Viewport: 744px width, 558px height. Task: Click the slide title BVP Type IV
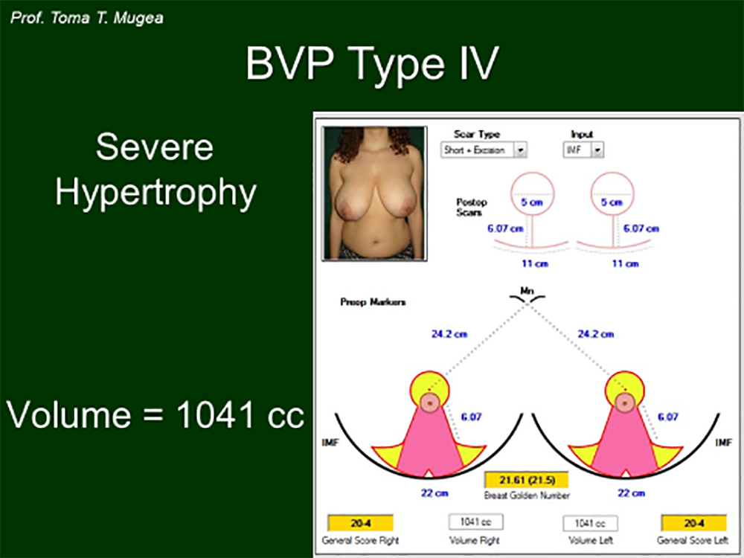(x=372, y=63)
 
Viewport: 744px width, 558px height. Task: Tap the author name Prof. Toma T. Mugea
(x=87, y=18)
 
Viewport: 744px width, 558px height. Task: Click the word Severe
(x=155, y=147)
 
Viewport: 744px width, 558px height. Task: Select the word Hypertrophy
(x=155, y=193)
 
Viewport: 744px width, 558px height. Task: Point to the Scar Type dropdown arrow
(x=521, y=150)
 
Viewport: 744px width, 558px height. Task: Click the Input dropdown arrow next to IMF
(x=597, y=150)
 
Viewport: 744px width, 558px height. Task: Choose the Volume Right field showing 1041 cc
(x=476, y=522)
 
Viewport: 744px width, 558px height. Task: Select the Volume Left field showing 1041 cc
(x=590, y=523)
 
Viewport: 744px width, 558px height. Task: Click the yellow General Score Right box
(x=360, y=523)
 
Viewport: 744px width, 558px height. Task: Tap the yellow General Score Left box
(x=693, y=523)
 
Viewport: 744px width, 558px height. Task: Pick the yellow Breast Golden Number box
(x=526, y=480)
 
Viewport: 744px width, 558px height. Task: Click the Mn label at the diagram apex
(x=527, y=290)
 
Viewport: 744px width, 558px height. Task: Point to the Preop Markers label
(x=373, y=302)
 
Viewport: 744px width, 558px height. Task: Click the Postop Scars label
(x=471, y=207)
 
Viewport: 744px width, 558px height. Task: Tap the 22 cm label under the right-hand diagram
(x=631, y=493)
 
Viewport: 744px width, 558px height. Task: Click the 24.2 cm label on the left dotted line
(x=449, y=334)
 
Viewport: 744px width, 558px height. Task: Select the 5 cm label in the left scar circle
(x=532, y=202)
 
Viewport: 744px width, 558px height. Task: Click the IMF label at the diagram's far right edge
(x=724, y=442)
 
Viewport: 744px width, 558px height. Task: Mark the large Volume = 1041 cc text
(x=155, y=414)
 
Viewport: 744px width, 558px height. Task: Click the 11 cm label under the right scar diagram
(x=626, y=264)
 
